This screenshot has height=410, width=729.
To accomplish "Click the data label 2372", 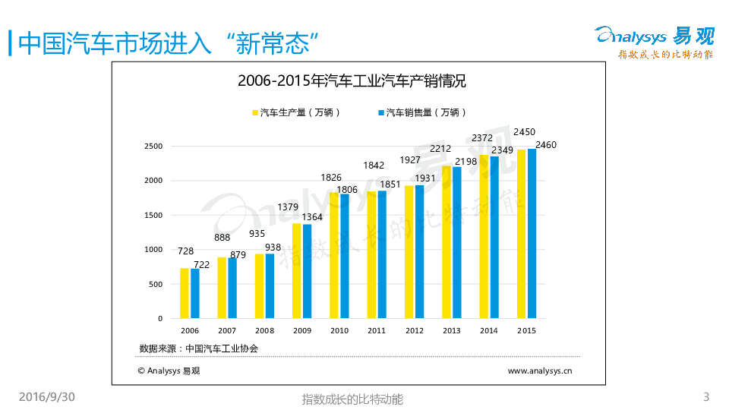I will (482, 138).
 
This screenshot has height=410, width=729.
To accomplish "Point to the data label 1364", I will (313, 217).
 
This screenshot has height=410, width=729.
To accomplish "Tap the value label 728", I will (186, 251).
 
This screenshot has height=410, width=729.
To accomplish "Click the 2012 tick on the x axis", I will (415, 330).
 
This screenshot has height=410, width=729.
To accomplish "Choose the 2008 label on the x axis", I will (264, 330).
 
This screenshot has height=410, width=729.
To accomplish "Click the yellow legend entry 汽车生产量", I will (296, 112).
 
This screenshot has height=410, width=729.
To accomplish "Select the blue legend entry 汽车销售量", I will (422, 112).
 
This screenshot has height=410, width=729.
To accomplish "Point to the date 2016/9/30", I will (47, 397).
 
